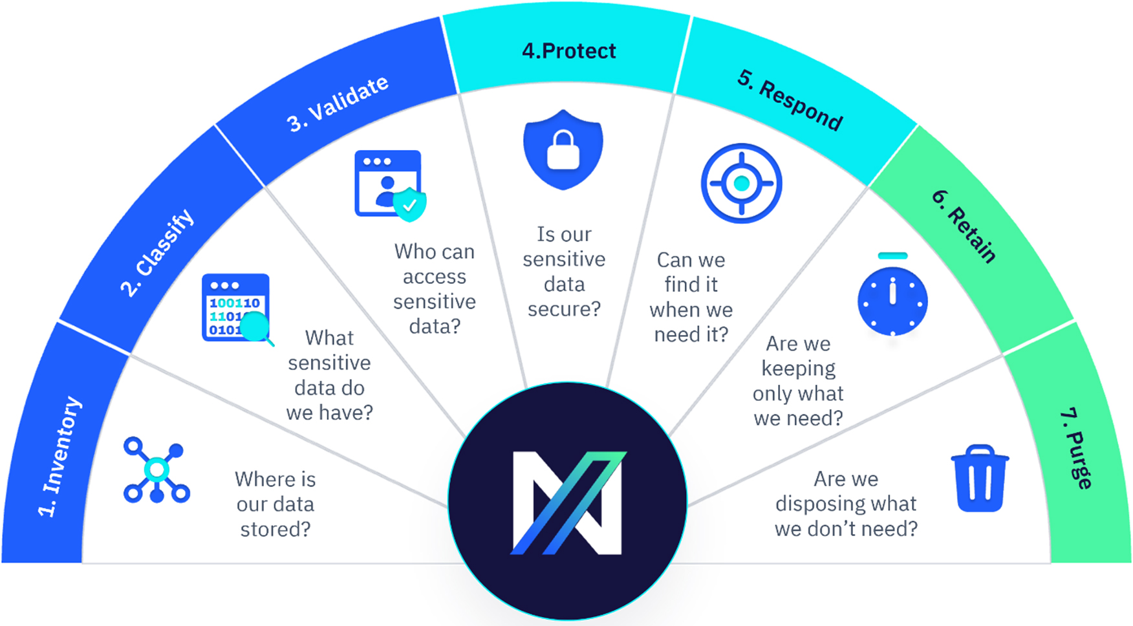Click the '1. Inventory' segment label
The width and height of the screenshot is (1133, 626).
click(x=60, y=457)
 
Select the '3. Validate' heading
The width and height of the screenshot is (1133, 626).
click(x=338, y=103)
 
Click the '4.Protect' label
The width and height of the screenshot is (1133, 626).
click(x=569, y=51)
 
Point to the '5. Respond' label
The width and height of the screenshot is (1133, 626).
click(x=790, y=100)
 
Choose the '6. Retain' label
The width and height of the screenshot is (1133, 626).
click(x=964, y=226)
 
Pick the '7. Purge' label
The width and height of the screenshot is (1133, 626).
click(x=1077, y=448)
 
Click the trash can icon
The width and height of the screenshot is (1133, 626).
click(x=980, y=479)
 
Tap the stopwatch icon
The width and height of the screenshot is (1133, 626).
click(x=892, y=299)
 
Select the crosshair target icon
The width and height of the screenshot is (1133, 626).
click(x=741, y=184)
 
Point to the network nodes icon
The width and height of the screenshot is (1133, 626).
click(x=156, y=470)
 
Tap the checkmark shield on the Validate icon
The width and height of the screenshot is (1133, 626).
click(x=410, y=205)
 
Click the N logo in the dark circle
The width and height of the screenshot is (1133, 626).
click(x=568, y=502)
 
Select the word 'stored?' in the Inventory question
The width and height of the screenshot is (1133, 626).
click(x=275, y=530)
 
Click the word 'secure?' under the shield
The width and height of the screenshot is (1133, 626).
click(x=564, y=309)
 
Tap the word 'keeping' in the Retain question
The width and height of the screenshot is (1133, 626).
click(x=798, y=369)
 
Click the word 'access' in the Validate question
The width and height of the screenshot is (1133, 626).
click(x=434, y=277)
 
